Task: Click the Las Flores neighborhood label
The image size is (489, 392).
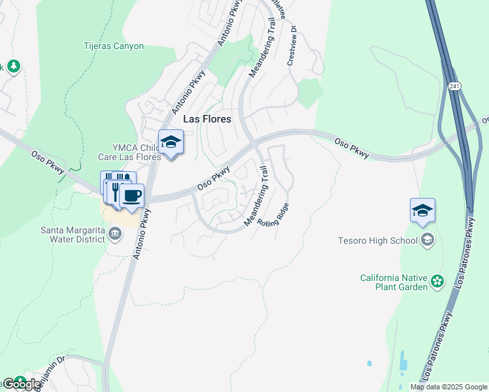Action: click(207, 120)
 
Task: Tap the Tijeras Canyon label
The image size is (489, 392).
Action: click(113, 46)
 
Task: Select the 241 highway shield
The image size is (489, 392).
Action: click(454, 86)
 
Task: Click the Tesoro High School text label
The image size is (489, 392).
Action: click(378, 240)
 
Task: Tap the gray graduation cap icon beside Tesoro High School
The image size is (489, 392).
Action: click(428, 240)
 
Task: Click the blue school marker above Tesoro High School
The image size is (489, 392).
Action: click(422, 211)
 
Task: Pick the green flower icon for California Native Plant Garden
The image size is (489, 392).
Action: click(437, 282)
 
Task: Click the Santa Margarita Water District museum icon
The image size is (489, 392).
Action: click(115, 233)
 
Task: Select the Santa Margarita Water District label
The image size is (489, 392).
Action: click(73, 234)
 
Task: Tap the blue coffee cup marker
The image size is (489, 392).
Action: click(131, 196)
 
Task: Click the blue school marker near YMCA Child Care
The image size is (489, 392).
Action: click(171, 142)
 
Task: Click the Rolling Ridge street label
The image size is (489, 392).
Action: click(273, 215)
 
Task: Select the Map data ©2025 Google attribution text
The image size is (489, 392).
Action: click(448, 387)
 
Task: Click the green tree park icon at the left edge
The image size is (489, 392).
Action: click(14, 67)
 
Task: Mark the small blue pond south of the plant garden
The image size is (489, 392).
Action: click(369, 363)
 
